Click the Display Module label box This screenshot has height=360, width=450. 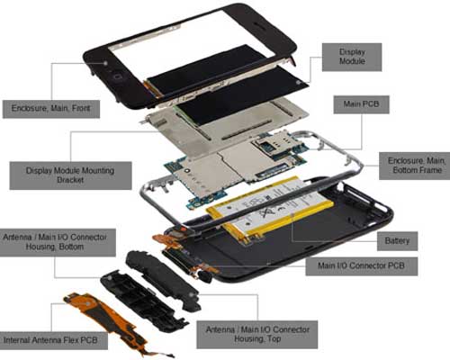(352, 57)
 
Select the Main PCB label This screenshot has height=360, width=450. (361, 104)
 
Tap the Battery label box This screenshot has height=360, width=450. (397, 241)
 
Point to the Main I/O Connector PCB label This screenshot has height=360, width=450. (362, 266)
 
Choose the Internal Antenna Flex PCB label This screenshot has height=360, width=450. (51, 340)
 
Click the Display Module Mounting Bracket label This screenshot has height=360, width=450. (70, 175)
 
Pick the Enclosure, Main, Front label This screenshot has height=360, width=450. (51, 109)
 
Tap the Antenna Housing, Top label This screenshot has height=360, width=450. (257, 335)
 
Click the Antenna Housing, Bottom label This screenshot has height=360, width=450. (56, 242)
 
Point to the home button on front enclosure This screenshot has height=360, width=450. (117, 76)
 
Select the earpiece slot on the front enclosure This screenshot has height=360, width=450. (261, 25)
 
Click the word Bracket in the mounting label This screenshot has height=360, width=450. (70, 180)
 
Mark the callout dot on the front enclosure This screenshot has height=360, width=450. (105, 63)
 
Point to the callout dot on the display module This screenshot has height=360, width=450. (298, 82)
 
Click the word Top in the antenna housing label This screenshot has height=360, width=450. (274, 339)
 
